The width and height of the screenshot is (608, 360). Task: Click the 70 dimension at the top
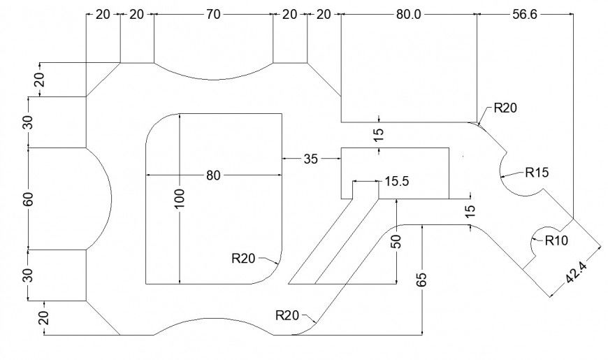213,14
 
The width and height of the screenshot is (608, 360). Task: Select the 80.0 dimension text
409,14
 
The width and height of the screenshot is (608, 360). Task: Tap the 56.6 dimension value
524,14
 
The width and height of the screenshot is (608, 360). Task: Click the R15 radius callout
538,171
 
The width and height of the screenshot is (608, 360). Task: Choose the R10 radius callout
557,240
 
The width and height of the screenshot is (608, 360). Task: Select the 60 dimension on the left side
28,199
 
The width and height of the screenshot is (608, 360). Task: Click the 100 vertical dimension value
180,199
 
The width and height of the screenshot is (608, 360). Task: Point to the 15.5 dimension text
396,182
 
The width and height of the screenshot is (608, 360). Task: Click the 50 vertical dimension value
396,241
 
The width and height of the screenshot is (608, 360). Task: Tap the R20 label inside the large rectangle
243,259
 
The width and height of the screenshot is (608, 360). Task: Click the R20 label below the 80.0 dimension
505,108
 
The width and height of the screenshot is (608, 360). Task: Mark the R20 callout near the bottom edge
287,315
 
